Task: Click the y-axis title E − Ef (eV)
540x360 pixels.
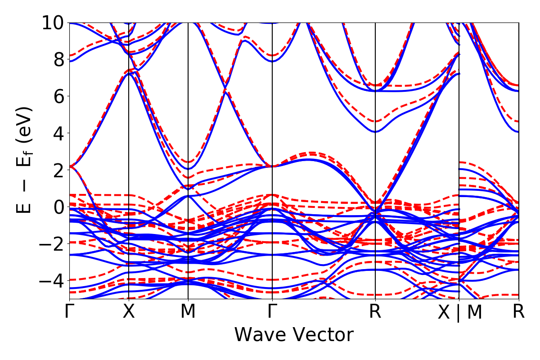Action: click(x=25, y=160)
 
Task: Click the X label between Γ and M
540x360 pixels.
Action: click(x=129, y=312)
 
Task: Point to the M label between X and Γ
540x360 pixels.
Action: click(x=188, y=312)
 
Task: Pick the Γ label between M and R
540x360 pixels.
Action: click(x=272, y=312)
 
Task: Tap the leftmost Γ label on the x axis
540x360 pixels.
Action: click(x=69, y=312)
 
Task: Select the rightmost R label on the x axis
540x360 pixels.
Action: click(x=519, y=312)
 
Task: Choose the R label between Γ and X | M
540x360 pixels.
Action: click(x=375, y=312)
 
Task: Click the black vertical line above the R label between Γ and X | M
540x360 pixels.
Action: click(x=375, y=135)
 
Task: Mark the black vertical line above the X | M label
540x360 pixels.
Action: click(x=459, y=135)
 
